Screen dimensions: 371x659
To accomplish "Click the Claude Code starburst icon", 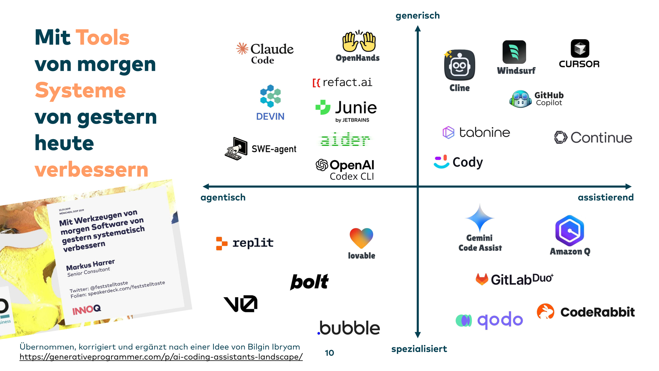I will coord(242,49).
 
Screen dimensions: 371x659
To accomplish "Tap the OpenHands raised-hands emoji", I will coord(359,41).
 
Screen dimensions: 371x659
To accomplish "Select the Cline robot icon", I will coord(459,65).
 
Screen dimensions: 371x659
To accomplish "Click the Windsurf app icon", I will coord(514,52).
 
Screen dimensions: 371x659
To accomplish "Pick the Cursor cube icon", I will coord(580,48).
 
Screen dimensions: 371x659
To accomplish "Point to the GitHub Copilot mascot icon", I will coord(521,99).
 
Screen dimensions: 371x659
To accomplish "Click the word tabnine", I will coord(484,133).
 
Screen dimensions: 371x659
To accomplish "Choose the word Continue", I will coord(601,138).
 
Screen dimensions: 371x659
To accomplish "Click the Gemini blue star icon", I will coord(479,218).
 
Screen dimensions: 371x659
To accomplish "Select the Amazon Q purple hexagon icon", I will coord(569,231).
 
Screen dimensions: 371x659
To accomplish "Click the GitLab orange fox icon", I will coord(482,279).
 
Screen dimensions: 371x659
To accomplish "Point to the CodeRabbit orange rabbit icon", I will coord(545,311).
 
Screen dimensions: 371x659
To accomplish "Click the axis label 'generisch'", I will coord(417,16).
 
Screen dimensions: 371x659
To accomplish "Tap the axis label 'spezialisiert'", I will coord(419,349).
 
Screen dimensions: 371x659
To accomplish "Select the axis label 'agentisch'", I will coord(223,198).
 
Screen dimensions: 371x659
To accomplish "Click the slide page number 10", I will coord(329,353).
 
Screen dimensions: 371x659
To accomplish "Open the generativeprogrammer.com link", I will coord(161,357).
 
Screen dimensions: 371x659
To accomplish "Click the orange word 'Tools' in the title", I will coord(102,37).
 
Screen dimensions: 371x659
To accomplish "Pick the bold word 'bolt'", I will coord(309,282).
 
